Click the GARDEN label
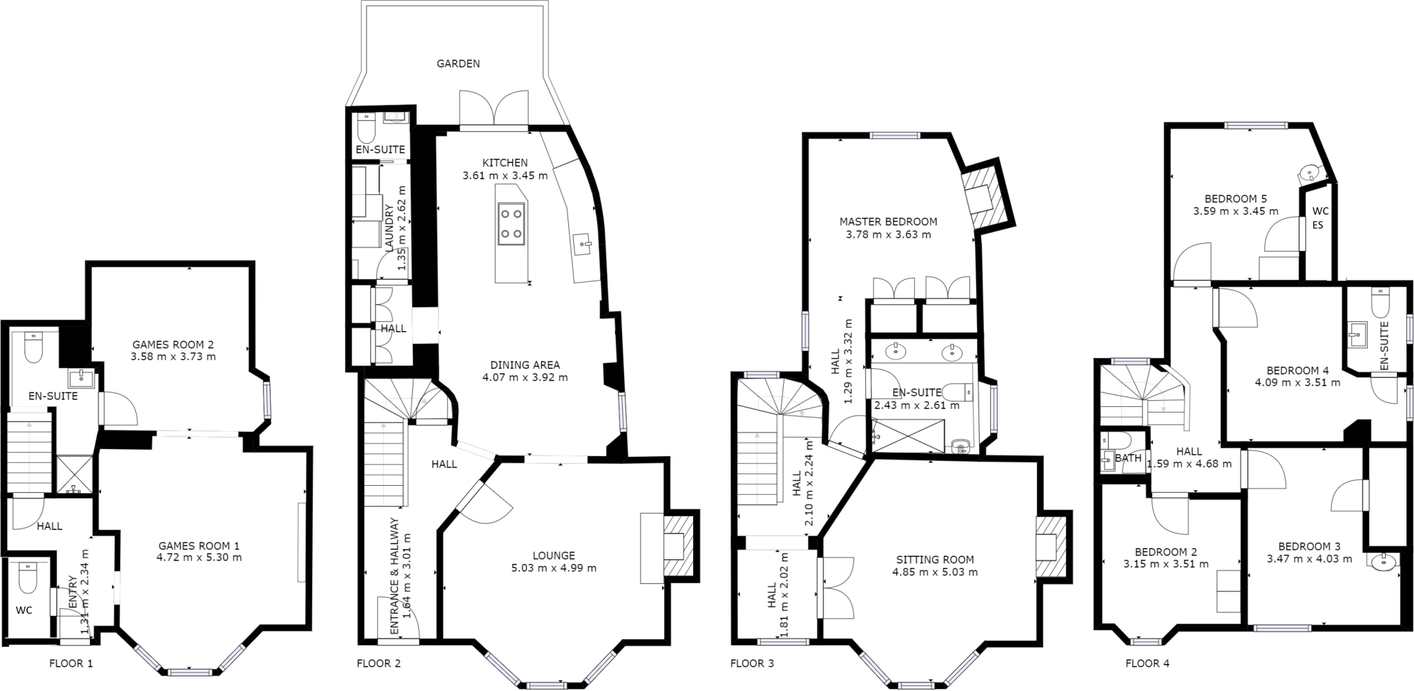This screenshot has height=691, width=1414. click(458, 64)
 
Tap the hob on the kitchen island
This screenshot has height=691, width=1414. click(511, 223)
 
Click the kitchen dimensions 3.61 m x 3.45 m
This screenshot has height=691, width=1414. click(505, 176)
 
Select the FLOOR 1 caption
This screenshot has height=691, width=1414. click(70, 664)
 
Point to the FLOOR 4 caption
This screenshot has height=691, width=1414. click(1147, 664)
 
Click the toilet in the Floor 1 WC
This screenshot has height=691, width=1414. click(27, 580)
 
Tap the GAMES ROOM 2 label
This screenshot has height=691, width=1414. click(173, 345)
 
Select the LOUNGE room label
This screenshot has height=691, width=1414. click(554, 556)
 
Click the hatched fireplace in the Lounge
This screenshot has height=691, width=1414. click(678, 547)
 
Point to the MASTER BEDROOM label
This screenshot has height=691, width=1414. click(888, 222)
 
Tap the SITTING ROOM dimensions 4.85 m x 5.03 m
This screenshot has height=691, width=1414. click(935, 572)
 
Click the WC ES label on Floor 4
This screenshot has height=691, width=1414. click(1319, 218)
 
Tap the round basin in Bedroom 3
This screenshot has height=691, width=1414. click(1384, 563)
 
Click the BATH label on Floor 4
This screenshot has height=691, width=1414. click(1128, 458)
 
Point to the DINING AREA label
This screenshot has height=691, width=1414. click(525, 365)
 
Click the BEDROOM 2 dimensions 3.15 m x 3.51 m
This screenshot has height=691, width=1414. click(1165, 564)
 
